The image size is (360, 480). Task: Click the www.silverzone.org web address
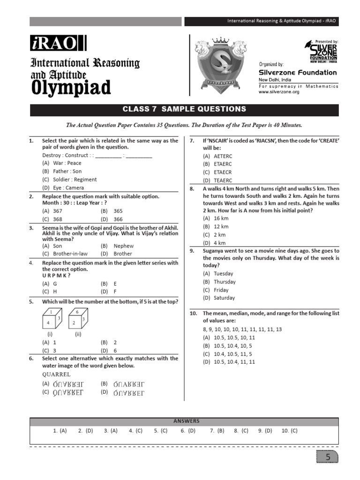pos(279,92)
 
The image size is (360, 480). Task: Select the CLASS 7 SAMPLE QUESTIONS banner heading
pos(184,109)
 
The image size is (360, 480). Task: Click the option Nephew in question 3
pos(123,246)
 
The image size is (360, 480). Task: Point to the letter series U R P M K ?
pos(56,276)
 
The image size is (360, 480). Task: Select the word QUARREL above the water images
pos(56,375)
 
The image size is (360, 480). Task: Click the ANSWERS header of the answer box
pos(186,421)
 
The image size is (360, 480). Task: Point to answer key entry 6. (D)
pos(188,430)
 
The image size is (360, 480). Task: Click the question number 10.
pos(194,313)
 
